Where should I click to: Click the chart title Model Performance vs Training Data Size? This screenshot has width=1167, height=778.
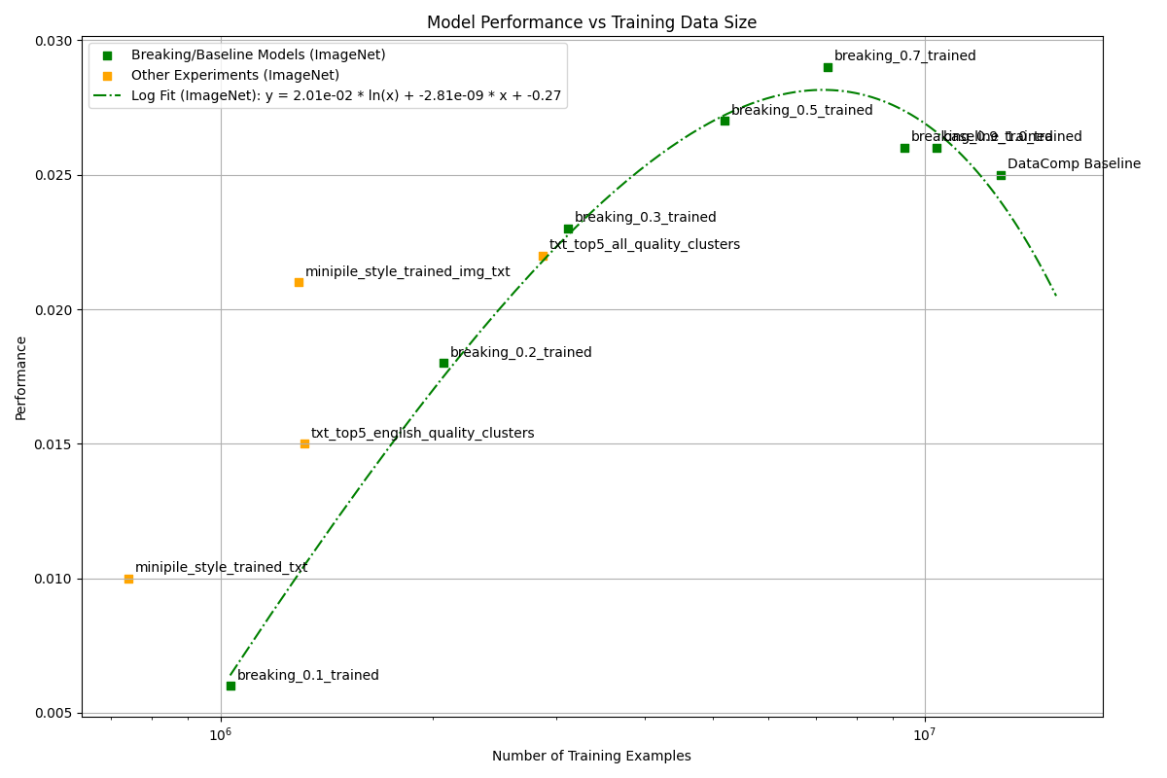click(x=591, y=22)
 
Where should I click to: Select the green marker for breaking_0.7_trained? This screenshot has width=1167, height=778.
click(x=828, y=67)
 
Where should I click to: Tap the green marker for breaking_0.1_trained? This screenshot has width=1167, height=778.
click(x=230, y=686)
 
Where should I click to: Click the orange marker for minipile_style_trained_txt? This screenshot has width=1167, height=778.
click(x=128, y=579)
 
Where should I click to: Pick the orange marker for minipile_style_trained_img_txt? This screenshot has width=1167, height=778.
click(x=299, y=282)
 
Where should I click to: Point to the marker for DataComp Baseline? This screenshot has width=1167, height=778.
click(x=1001, y=175)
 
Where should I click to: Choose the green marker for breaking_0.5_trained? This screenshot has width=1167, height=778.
click(x=725, y=121)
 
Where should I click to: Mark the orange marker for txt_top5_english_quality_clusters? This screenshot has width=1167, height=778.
click(x=304, y=443)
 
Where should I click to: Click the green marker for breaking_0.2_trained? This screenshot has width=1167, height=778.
click(x=443, y=363)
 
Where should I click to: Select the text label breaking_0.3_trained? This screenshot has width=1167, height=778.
click(x=645, y=218)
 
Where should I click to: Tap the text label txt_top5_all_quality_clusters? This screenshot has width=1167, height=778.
click(x=644, y=245)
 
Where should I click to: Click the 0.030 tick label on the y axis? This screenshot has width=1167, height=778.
click(x=54, y=41)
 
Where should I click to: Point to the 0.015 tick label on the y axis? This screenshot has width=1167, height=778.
click(x=54, y=444)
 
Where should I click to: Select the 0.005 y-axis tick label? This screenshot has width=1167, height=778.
click(x=54, y=713)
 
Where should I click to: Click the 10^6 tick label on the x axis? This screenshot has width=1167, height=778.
click(x=221, y=735)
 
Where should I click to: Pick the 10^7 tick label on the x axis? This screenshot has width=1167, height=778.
click(x=924, y=735)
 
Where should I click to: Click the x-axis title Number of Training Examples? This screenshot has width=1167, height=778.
click(x=591, y=757)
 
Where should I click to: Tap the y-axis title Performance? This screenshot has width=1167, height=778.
click(x=21, y=377)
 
